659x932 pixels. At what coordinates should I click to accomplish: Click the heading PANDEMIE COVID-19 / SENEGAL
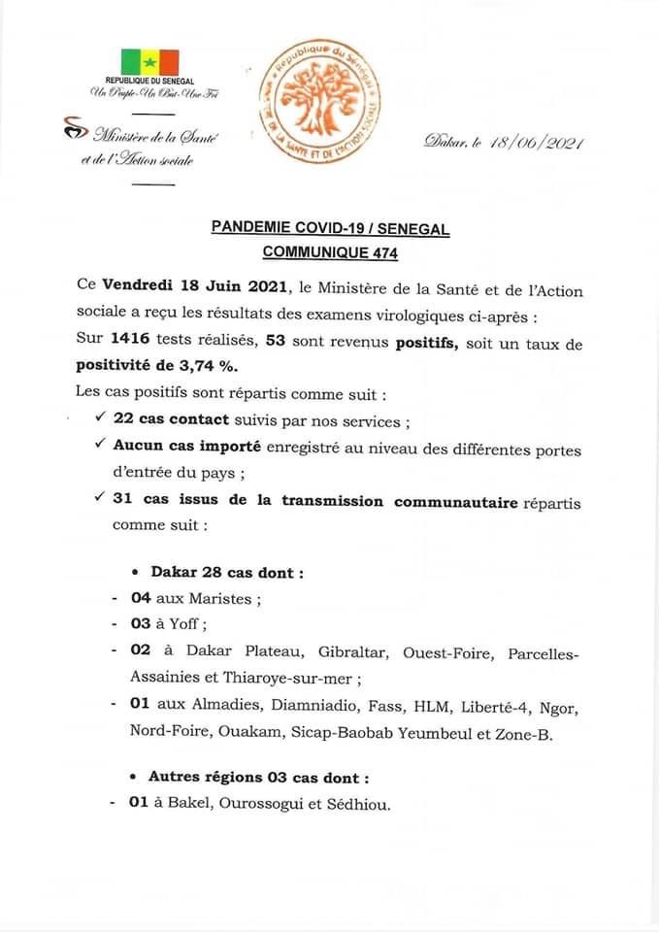(x=330, y=227)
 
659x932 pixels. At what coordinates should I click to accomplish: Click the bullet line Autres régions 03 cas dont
(x=258, y=778)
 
